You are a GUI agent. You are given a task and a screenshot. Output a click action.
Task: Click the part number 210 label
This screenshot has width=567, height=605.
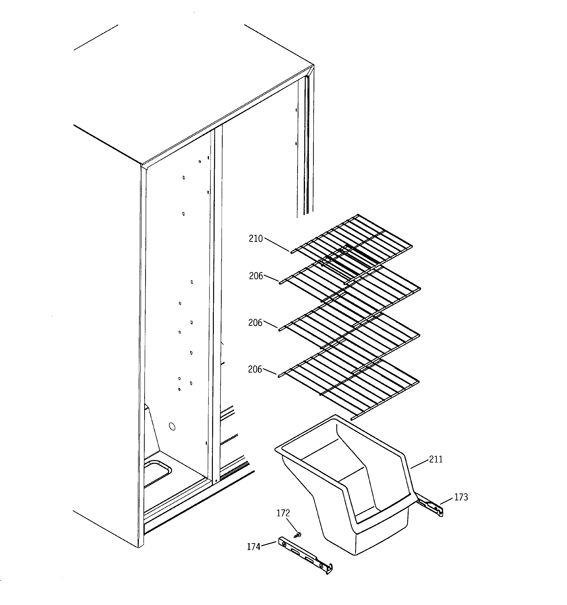point(255,239)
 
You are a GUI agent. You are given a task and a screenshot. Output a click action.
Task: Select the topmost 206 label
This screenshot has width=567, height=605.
point(256,276)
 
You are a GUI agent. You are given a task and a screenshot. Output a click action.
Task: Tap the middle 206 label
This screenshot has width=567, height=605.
point(255,323)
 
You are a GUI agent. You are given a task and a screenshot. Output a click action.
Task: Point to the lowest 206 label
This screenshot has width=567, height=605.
point(255,369)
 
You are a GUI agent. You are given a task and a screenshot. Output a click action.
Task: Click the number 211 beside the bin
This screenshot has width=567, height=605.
point(436,460)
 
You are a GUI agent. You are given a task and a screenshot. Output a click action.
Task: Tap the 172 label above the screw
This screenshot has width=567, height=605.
point(283,513)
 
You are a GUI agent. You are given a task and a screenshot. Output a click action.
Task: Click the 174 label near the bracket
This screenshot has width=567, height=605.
point(253,547)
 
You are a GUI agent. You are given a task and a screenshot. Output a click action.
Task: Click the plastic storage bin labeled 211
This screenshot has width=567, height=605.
point(350,487)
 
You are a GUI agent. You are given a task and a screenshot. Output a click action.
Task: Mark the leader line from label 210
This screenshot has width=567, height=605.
point(276,245)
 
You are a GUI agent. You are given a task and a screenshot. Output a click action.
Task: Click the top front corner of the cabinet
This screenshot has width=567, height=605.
point(142,165)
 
